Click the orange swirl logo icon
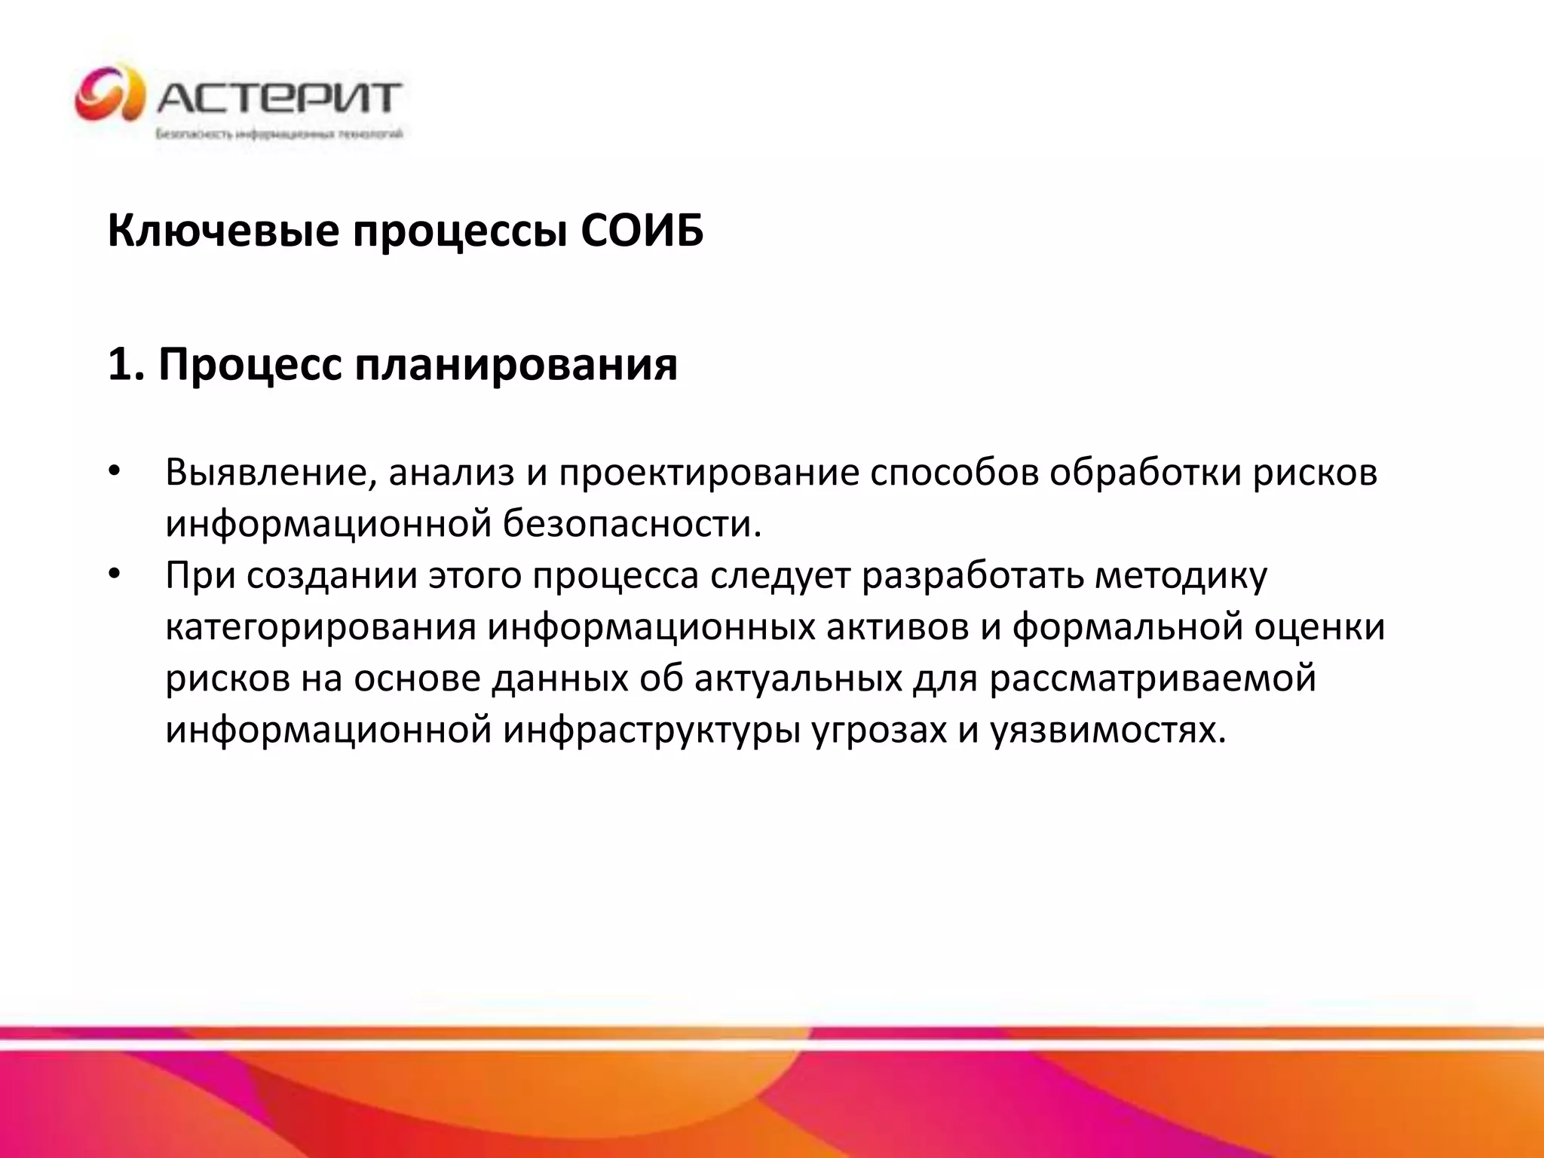pyautogui.click(x=110, y=93)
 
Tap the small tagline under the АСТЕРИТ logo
pyautogui.click(x=279, y=134)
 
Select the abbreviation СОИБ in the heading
pyautogui.click(x=642, y=231)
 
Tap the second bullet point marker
pyautogui.click(x=114, y=575)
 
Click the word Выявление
pyautogui.click(x=271, y=473)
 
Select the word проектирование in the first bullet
pyautogui.click(x=709, y=473)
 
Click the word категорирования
pyautogui.click(x=320, y=628)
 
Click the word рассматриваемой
pyautogui.click(x=1153, y=679)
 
